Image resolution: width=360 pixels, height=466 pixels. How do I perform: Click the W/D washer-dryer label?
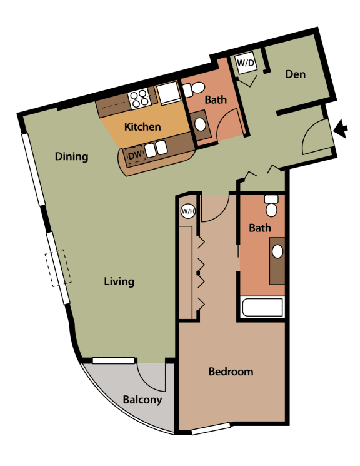tap(244, 63)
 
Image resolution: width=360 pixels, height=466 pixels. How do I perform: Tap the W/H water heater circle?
tap(188, 211)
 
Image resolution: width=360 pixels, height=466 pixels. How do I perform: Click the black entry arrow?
tap(341, 129)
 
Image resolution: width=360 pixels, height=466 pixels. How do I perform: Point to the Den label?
tap(295, 74)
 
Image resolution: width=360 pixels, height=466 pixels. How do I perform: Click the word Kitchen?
tap(142, 126)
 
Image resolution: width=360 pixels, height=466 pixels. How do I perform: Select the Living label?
tap(119, 281)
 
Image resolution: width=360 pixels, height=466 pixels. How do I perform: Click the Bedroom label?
tap(231, 372)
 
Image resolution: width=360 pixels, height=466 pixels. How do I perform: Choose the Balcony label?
tap(142, 400)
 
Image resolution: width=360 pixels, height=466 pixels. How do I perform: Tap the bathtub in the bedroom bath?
tap(262, 308)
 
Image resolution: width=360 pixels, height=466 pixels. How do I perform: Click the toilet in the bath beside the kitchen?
tap(187, 90)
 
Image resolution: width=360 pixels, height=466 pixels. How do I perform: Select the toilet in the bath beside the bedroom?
tap(271, 205)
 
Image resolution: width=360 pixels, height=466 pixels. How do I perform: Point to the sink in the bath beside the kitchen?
tap(201, 124)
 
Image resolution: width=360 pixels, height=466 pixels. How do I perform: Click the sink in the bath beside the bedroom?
tap(277, 252)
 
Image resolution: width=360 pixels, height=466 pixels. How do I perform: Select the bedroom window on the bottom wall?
tap(210, 430)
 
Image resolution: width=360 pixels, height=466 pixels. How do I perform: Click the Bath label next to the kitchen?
tap(216, 99)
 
